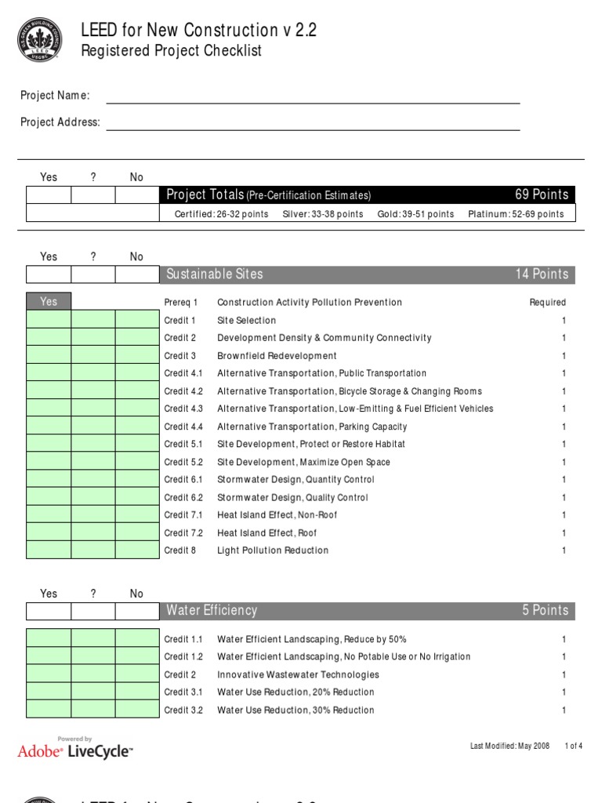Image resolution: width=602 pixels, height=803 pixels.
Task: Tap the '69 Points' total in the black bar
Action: point(541,194)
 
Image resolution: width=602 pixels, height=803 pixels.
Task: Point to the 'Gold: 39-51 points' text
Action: point(415,214)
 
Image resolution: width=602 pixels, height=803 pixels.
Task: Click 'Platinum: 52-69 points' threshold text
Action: point(515,214)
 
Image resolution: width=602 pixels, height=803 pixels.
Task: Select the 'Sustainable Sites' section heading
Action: point(215,274)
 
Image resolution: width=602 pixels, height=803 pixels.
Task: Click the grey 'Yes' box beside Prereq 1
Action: point(49,302)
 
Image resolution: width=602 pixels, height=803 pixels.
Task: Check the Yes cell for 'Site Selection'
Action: point(49,320)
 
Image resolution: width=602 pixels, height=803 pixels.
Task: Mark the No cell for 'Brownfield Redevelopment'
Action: point(136,355)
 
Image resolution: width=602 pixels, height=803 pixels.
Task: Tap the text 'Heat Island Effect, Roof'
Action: point(267,533)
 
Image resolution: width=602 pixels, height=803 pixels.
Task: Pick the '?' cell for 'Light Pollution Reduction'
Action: point(92,550)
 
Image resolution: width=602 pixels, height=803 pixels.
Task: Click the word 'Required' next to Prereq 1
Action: point(547,303)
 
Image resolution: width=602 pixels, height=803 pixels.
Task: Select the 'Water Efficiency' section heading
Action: point(212,611)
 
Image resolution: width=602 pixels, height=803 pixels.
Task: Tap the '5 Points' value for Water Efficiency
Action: point(546,611)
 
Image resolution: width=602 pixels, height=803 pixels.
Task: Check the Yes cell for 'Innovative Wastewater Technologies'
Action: point(49,674)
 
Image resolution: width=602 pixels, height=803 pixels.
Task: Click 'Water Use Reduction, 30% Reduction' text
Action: point(296,710)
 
